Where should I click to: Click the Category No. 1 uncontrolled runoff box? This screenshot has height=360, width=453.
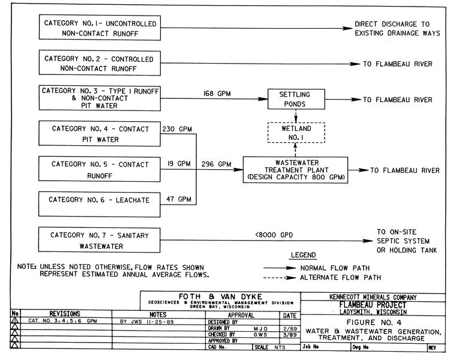coord(100,28)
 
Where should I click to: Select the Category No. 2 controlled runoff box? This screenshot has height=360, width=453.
coord(100,64)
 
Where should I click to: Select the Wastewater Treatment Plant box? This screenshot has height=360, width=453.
coord(295,170)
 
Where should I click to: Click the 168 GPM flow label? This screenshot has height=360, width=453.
coord(216,94)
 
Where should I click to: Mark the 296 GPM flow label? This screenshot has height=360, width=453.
coord(216,164)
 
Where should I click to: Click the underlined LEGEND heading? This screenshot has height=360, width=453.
coord(303,255)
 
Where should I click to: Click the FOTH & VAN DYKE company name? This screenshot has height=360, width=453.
coord(217,296)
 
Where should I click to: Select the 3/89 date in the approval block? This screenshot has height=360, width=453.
coord(290,334)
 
